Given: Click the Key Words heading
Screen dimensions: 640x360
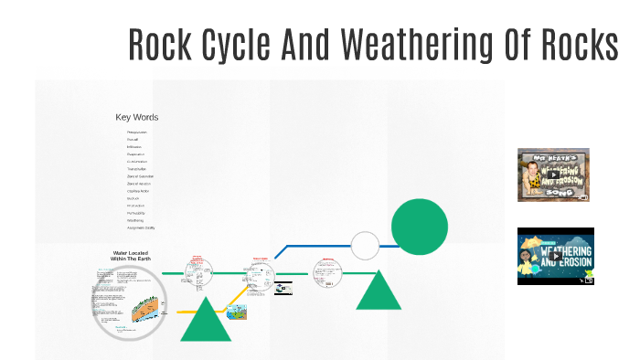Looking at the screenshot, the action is point(136,117).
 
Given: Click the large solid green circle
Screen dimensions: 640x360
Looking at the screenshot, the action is point(420,227).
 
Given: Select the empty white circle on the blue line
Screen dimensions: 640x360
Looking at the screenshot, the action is point(365,246).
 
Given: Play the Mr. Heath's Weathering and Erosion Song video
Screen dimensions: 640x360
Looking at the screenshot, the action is point(553,175).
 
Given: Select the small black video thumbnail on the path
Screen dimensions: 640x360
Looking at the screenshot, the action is point(283,288).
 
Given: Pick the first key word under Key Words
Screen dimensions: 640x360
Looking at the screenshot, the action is point(137,132).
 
